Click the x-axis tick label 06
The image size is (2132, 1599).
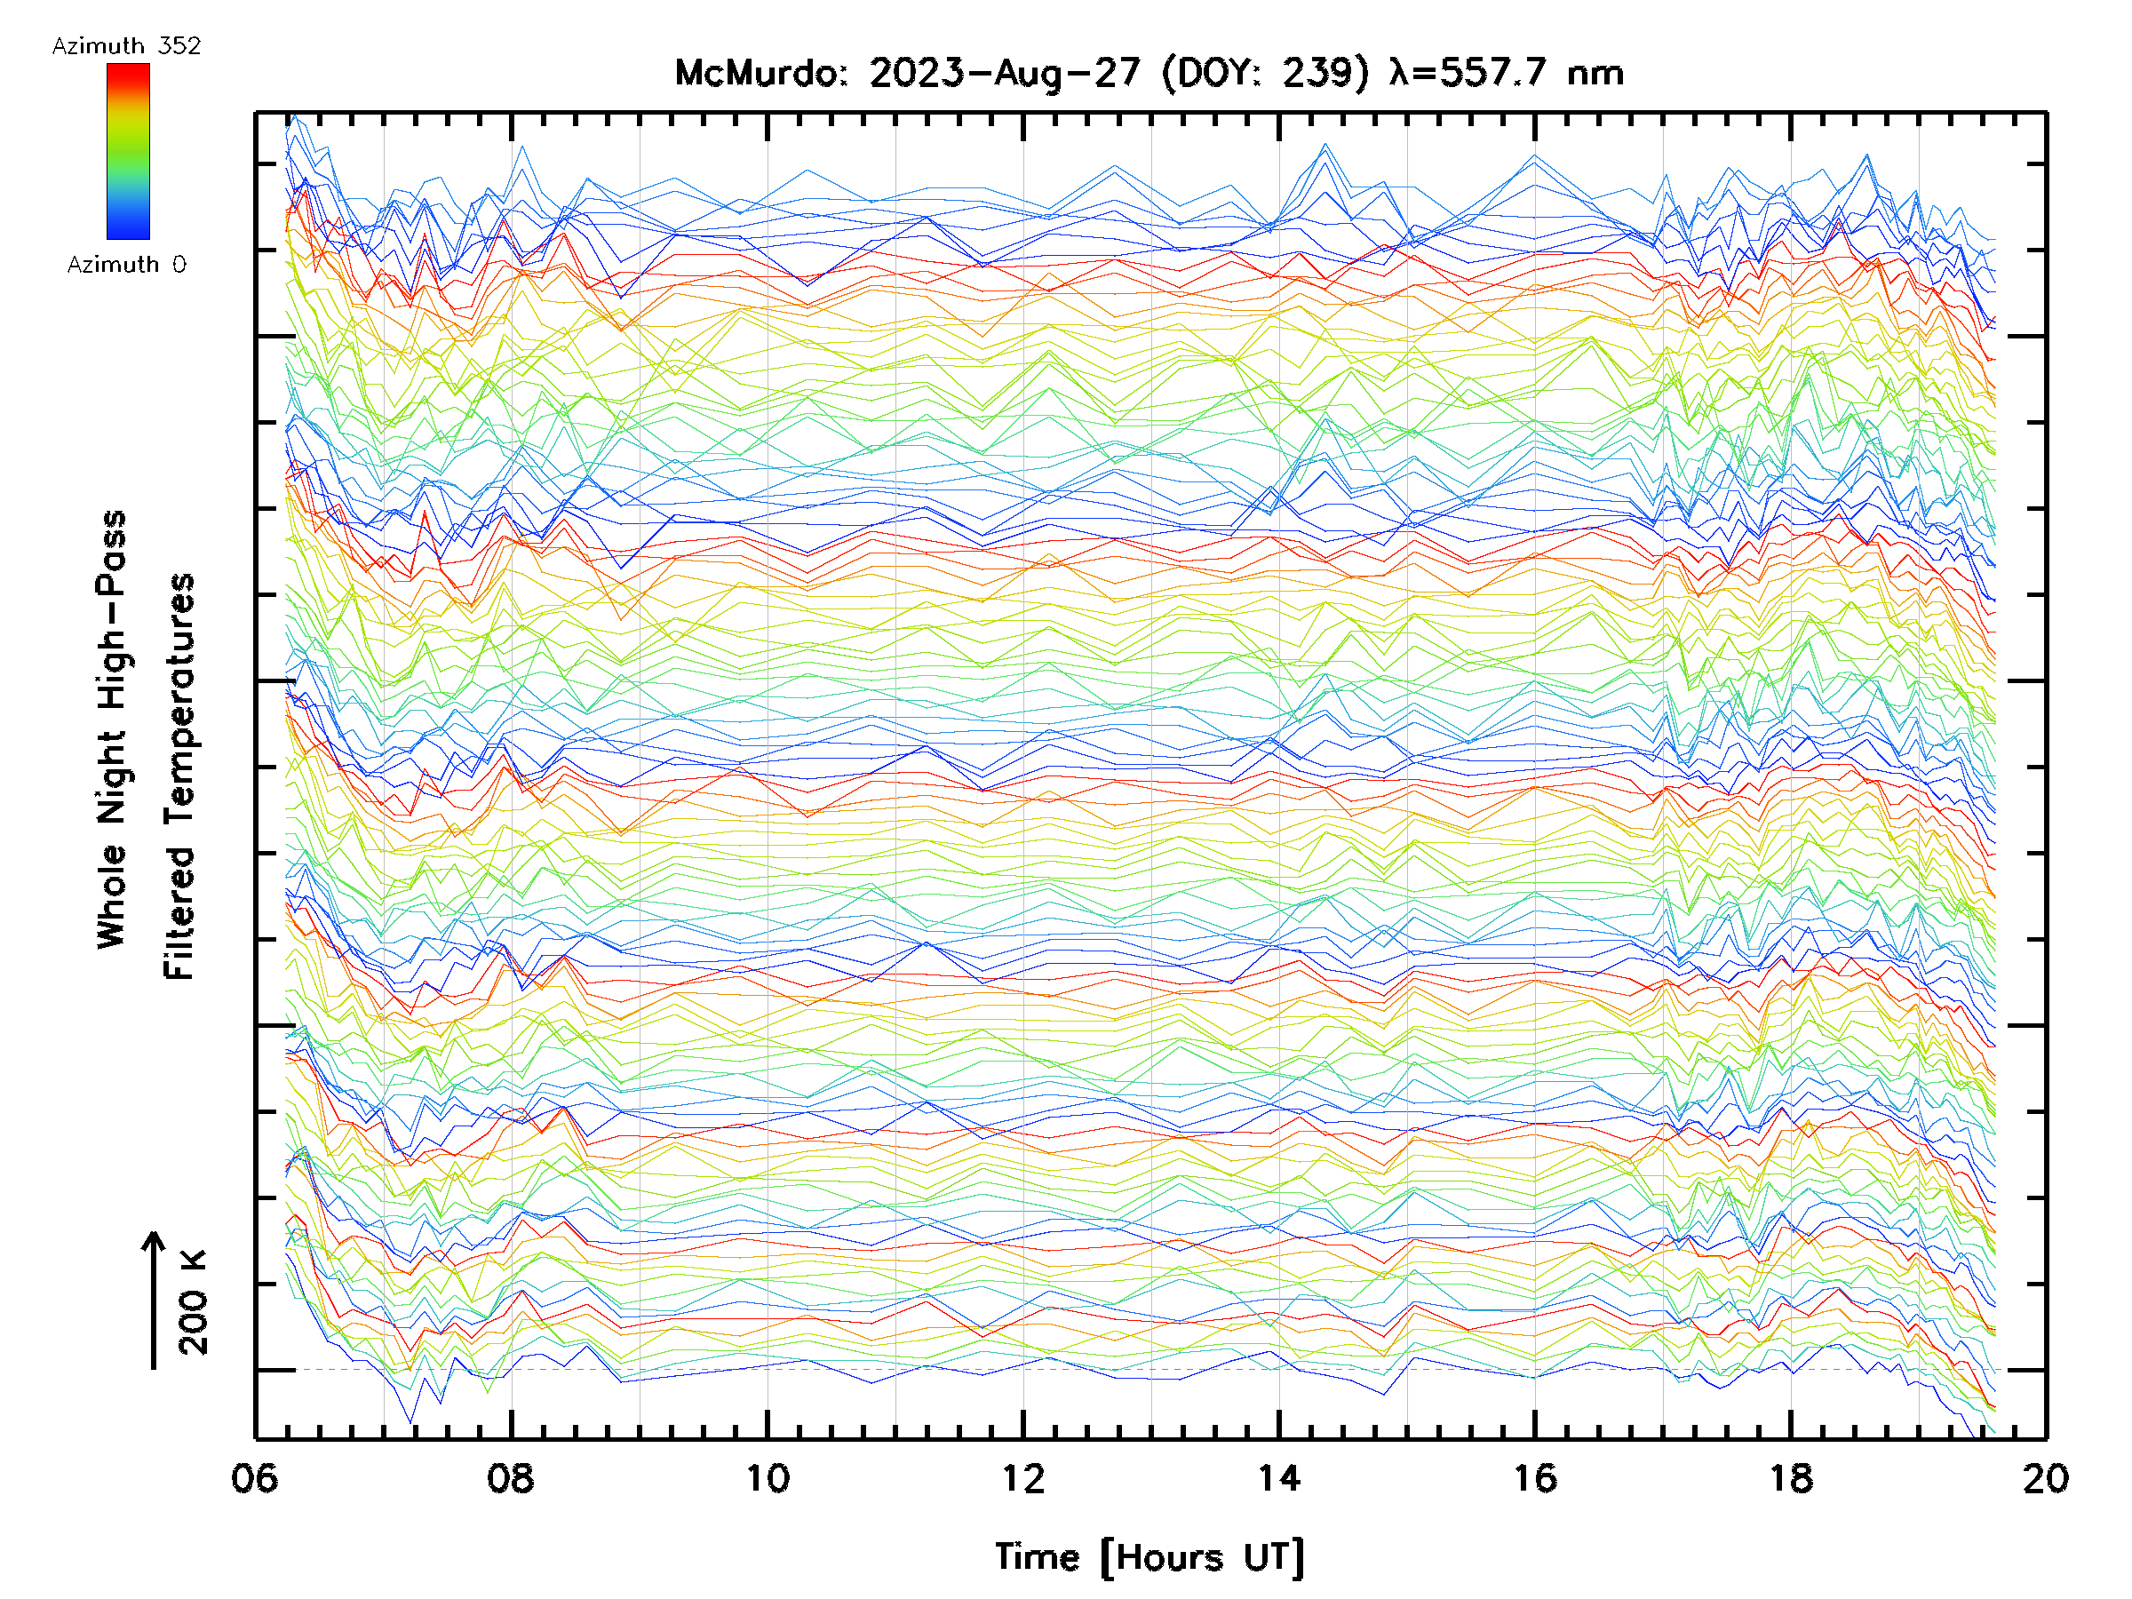pyautogui.click(x=254, y=1478)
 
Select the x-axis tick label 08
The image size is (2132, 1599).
pyautogui.click(x=510, y=1478)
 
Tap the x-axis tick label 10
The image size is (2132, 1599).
pyautogui.click(x=768, y=1478)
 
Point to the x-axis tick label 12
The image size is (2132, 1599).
pyautogui.click(x=1022, y=1478)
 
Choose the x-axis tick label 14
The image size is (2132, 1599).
pyautogui.click(x=1279, y=1478)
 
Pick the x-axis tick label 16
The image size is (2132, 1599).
pyautogui.click(x=1534, y=1478)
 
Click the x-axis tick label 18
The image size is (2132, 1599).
pyautogui.click(x=1791, y=1478)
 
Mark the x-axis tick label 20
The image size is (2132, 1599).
pyautogui.click(x=2045, y=1478)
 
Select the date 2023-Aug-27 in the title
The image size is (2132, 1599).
pyautogui.click(x=1005, y=73)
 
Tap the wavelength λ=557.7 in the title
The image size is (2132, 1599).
pyautogui.click(x=1470, y=73)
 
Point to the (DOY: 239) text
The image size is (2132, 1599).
pyautogui.click(x=1265, y=73)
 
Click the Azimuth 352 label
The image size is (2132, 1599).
pyautogui.click(x=126, y=46)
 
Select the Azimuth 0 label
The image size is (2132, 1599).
pyautogui.click(x=126, y=264)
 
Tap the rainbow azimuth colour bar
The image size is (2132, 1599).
pyautogui.click(x=128, y=151)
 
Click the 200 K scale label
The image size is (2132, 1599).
pyautogui.click(x=194, y=1302)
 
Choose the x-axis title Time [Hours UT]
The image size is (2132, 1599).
pyautogui.click(x=1149, y=1557)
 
